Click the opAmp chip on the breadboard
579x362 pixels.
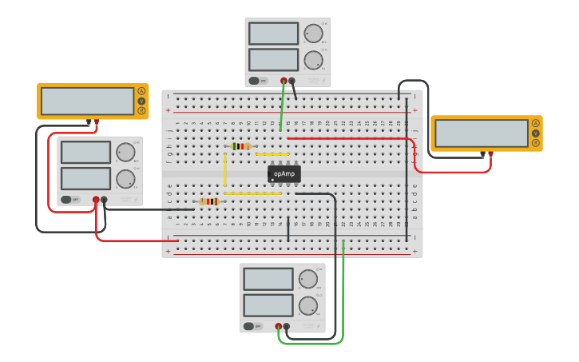tap(284, 173)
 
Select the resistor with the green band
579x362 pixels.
tap(240, 146)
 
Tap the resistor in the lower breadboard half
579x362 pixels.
tap(209, 201)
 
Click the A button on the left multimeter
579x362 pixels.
tap(141, 90)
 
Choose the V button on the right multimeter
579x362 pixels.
tap(535, 133)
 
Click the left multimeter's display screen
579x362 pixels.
tap(88, 101)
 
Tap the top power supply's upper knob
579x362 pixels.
tap(313, 34)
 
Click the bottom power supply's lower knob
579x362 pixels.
tap(307, 305)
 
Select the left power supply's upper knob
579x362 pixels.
tap(125, 152)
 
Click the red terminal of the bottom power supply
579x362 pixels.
tap(278, 326)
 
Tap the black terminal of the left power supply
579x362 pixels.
tap(104, 200)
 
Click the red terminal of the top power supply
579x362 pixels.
tap(284, 80)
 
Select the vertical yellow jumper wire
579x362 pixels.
tap(225, 169)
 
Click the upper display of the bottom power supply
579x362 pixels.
tap(268, 279)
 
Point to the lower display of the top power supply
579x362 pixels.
tap(273, 60)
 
